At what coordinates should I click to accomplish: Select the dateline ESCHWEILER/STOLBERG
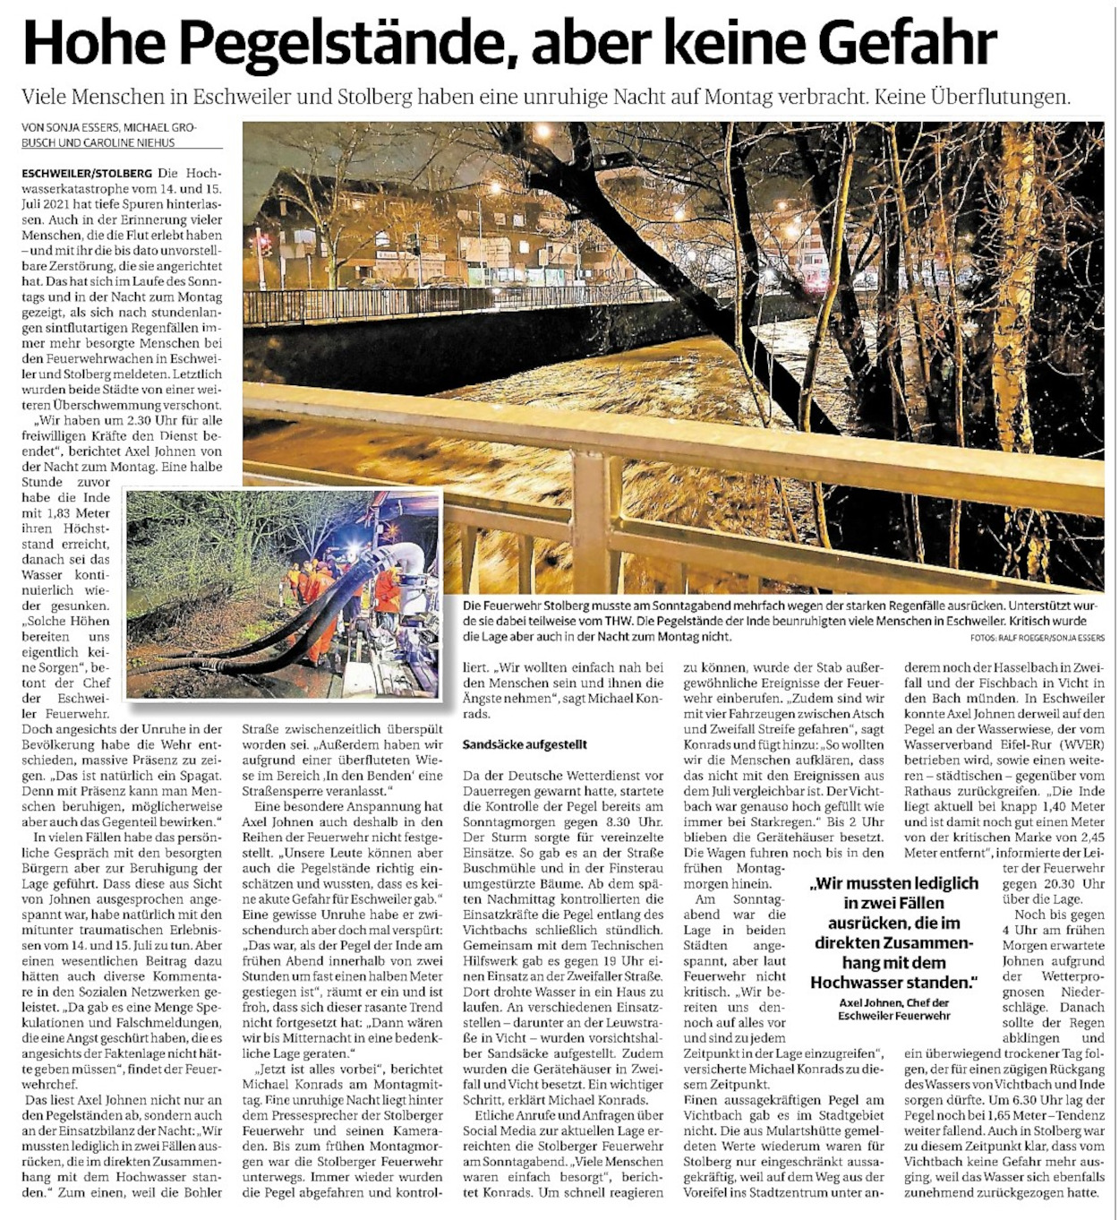click(x=87, y=171)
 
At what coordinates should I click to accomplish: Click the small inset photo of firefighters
click(x=284, y=593)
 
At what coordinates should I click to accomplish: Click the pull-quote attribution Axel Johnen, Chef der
click(x=894, y=1002)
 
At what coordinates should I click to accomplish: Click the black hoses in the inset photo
click(x=269, y=627)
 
